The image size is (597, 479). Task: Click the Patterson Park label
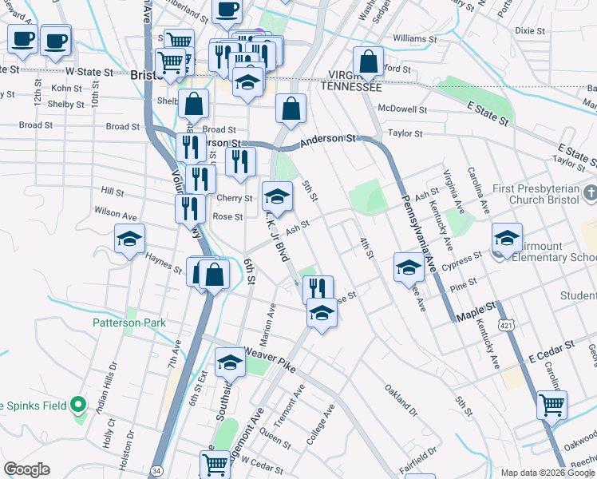click(x=128, y=323)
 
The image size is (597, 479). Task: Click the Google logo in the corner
click(x=26, y=469)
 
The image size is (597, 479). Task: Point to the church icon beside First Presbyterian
click(x=589, y=193)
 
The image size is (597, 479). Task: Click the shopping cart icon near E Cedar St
click(x=552, y=406)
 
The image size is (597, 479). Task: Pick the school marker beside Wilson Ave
click(x=129, y=240)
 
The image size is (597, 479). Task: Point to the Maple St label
click(x=476, y=311)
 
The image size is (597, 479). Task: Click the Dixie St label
click(x=530, y=31)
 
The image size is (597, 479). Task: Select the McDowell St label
click(x=403, y=109)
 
